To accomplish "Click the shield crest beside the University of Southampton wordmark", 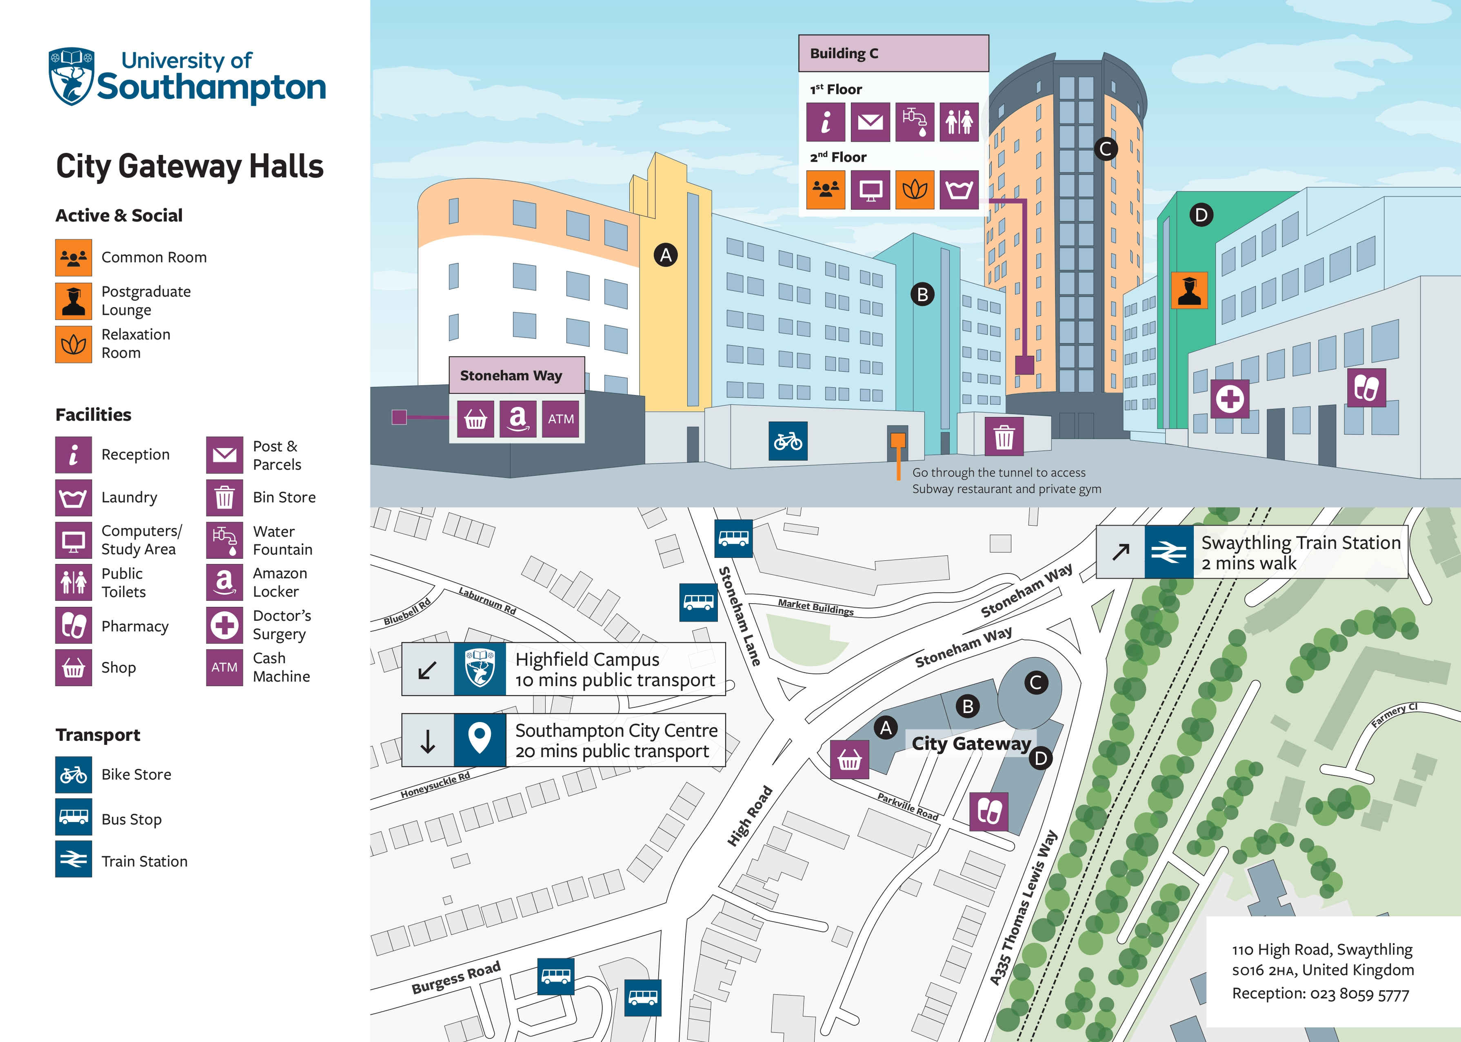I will (x=72, y=76).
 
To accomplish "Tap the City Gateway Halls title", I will (x=189, y=166).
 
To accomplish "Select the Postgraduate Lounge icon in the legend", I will (x=73, y=301).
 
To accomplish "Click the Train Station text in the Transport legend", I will (x=144, y=861).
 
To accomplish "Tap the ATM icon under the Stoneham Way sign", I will (x=560, y=419).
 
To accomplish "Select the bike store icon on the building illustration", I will (x=787, y=441).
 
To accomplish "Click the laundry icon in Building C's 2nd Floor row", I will (x=959, y=190).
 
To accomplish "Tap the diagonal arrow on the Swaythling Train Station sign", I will (x=1120, y=552).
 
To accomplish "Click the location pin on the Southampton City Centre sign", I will (x=479, y=739).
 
